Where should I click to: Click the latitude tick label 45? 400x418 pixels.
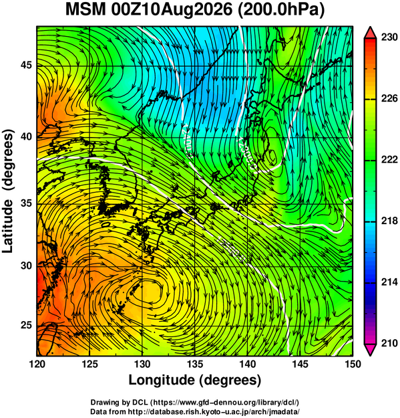click(26, 66)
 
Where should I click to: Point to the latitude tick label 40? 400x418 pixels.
click(26, 136)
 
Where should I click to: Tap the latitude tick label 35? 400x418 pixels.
click(26, 203)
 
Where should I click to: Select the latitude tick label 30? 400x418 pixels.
click(26, 266)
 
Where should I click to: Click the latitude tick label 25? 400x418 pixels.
click(26, 326)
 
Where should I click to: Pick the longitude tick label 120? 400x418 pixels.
click(37, 364)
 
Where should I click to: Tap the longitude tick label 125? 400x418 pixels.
click(89, 364)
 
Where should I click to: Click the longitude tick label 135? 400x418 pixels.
click(195, 364)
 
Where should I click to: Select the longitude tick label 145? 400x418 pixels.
click(301, 364)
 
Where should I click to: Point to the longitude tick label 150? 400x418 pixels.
click(353, 364)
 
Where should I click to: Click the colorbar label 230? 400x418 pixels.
click(389, 37)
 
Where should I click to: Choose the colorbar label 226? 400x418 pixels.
click(389, 98)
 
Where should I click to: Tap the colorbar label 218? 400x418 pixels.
click(389, 221)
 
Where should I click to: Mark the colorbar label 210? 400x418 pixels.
click(389, 343)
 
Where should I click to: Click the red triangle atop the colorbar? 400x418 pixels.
click(371, 33)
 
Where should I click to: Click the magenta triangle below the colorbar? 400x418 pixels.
click(371, 350)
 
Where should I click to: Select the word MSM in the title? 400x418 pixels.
click(85, 10)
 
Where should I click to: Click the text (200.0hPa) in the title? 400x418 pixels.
click(281, 11)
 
